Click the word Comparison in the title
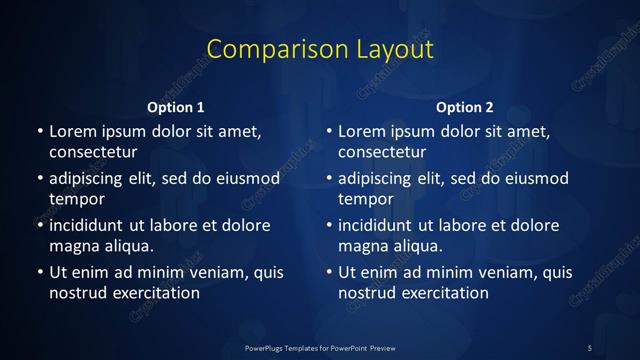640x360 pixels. click(x=269, y=49)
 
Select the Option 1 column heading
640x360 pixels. click(x=176, y=107)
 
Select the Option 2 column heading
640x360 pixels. click(x=465, y=107)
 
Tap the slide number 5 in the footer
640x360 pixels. click(x=589, y=347)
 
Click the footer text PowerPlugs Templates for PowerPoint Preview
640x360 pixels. click(x=320, y=347)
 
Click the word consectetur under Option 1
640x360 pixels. click(x=93, y=152)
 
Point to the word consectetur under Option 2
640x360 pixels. click(x=382, y=152)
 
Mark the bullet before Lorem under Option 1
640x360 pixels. click(x=40, y=131)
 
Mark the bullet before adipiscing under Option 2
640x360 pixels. click(x=329, y=178)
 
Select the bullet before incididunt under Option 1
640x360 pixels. click(x=40, y=225)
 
